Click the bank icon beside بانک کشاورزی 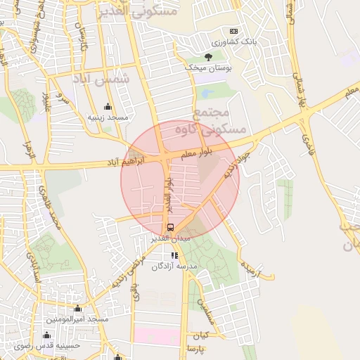(x=234, y=32)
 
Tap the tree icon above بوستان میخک (x=207, y=56)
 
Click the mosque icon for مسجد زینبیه (x=108, y=107)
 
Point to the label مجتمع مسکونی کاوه (x=219, y=121)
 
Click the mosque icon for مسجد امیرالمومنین (x=77, y=309)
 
